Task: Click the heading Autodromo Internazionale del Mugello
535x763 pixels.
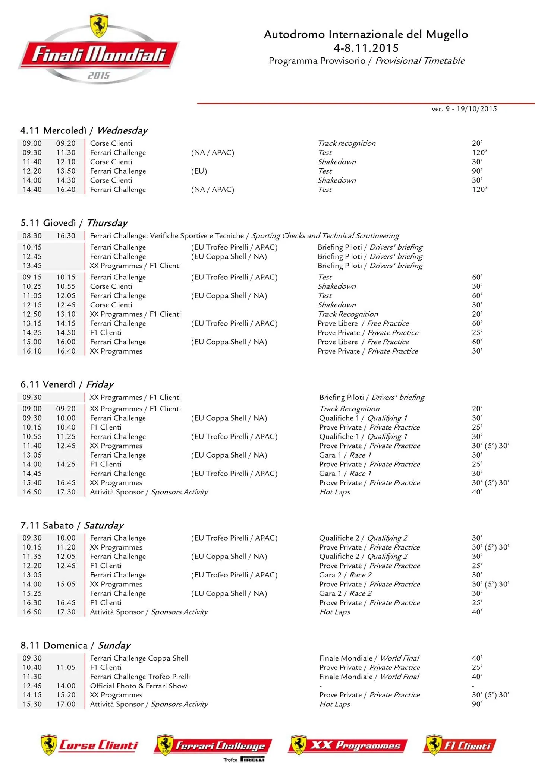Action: (366, 35)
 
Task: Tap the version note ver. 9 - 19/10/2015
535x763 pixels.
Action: (464, 109)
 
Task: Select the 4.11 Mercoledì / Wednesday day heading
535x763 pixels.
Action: (84, 130)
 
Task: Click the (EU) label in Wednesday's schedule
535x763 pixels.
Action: (199, 171)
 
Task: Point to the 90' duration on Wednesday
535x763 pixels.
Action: (477, 171)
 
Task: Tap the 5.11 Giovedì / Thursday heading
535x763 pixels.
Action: (74, 223)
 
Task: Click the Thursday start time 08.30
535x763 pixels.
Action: (32, 236)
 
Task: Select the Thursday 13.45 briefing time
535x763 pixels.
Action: (32, 266)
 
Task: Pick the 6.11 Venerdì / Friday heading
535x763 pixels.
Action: (67, 384)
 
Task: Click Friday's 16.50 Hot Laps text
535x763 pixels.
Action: (334, 492)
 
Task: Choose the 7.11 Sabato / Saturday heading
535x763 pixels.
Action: (72, 525)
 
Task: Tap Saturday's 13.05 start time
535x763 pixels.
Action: (32, 575)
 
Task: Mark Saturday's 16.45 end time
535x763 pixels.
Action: (66, 602)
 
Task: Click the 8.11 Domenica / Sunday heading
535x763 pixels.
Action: (76, 645)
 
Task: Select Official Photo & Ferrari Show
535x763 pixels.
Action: (138, 686)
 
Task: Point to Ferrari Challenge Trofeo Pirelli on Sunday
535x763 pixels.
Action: (140, 676)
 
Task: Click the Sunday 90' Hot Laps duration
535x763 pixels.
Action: (477, 704)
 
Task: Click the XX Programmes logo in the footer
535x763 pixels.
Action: (347, 745)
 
